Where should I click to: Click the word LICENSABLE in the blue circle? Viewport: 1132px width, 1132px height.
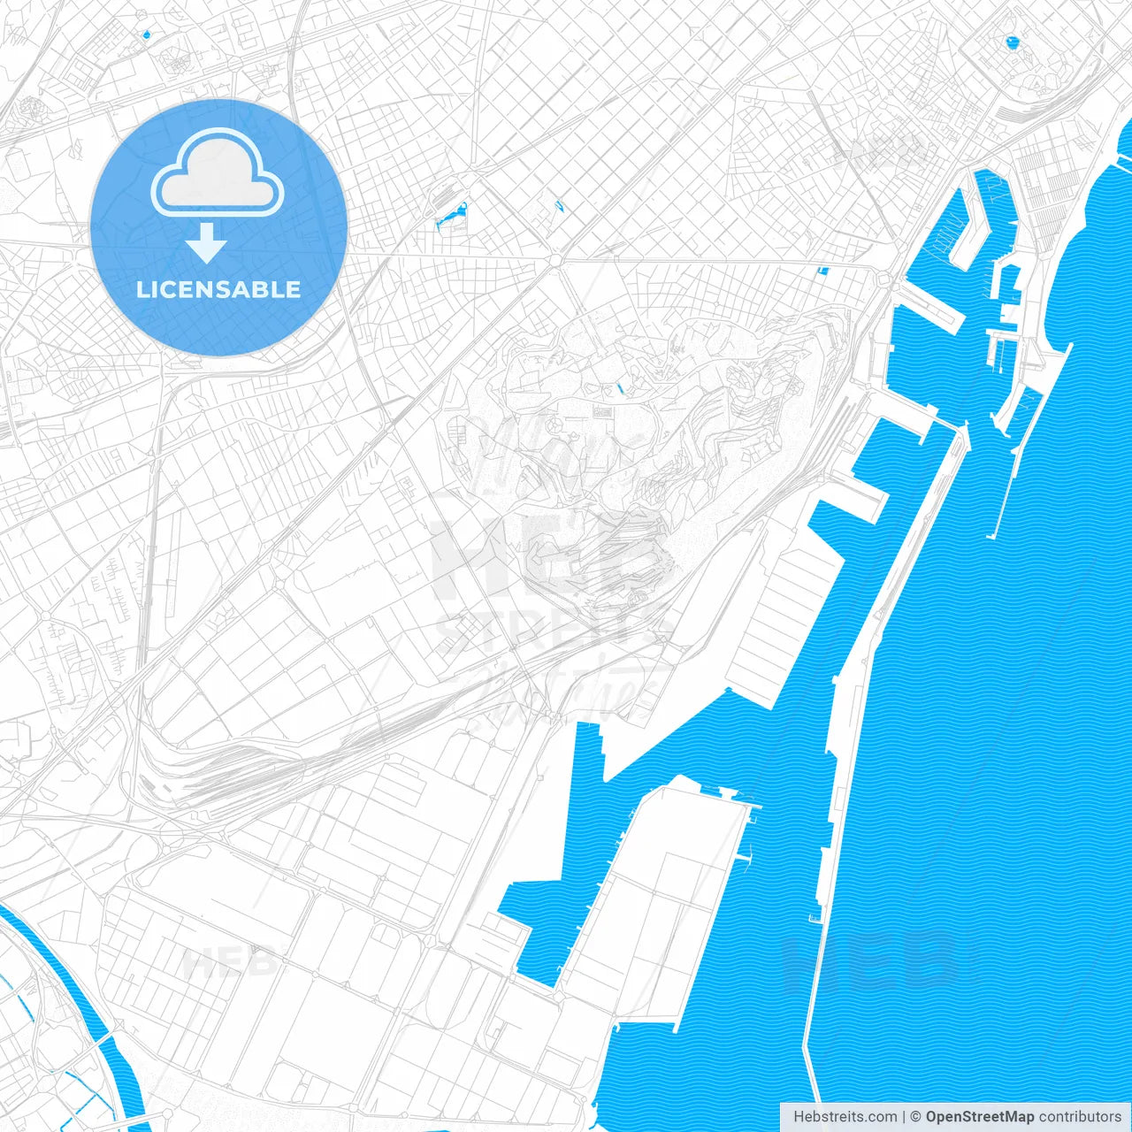point(218,289)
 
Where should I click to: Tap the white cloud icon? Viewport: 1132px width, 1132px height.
point(218,173)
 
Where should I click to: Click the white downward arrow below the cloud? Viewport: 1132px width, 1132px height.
point(206,243)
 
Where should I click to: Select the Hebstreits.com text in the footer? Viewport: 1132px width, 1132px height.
point(845,1117)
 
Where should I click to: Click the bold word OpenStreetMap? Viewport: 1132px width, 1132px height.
point(979,1117)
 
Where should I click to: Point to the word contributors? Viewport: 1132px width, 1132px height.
point(1080,1117)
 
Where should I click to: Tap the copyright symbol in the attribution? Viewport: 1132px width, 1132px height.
point(915,1117)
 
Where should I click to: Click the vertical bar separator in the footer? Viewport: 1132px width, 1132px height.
point(904,1117)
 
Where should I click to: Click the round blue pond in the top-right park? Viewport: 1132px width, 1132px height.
point(1011,41)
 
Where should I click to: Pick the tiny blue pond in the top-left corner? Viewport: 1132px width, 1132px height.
point(145,34)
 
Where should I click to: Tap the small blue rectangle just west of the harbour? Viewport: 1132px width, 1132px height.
point(823,270)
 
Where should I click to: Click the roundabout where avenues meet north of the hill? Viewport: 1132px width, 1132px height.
point(555,260)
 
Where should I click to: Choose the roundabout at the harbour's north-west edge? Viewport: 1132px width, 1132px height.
point(883,280)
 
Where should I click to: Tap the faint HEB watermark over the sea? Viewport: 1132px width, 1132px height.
point(871,960)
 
